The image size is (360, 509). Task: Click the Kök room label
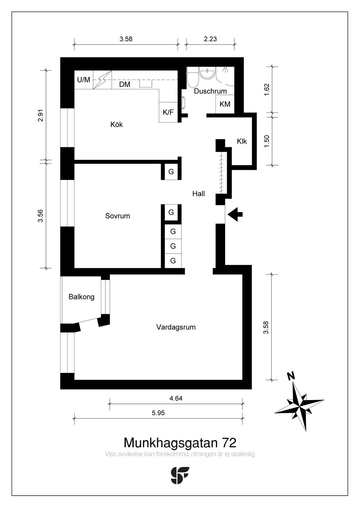117,124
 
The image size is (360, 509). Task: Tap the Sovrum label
117,215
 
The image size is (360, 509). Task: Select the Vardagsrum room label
176,327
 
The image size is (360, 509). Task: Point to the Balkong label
81,297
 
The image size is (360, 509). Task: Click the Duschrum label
210,91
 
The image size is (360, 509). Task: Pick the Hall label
198,194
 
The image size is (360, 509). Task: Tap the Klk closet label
242,141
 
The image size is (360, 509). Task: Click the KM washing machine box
225,104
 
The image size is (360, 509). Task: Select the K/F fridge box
168,112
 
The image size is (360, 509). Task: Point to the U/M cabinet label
84,80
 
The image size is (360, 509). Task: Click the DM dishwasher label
124,84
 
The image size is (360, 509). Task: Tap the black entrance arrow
235,214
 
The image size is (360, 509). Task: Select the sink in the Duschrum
207,73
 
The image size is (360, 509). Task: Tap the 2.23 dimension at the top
210,39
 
